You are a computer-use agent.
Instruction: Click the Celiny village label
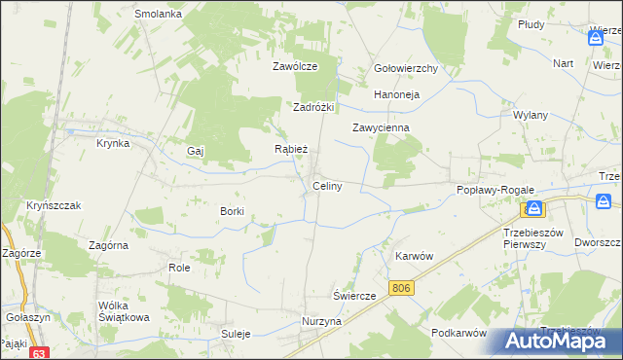click(x=326, y=186)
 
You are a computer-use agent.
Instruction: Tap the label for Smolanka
click(x=160, y=15)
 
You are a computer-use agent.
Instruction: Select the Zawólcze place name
click(x=296, y=67)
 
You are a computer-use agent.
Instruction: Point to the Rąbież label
click(x=292, y=150)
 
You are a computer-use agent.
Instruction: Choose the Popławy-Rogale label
click(x=492, y=191)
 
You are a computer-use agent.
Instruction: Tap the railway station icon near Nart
click(x=596, y=38)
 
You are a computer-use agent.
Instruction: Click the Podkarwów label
click(x=458, y=333)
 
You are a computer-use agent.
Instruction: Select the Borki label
click(x=232, y=211)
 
